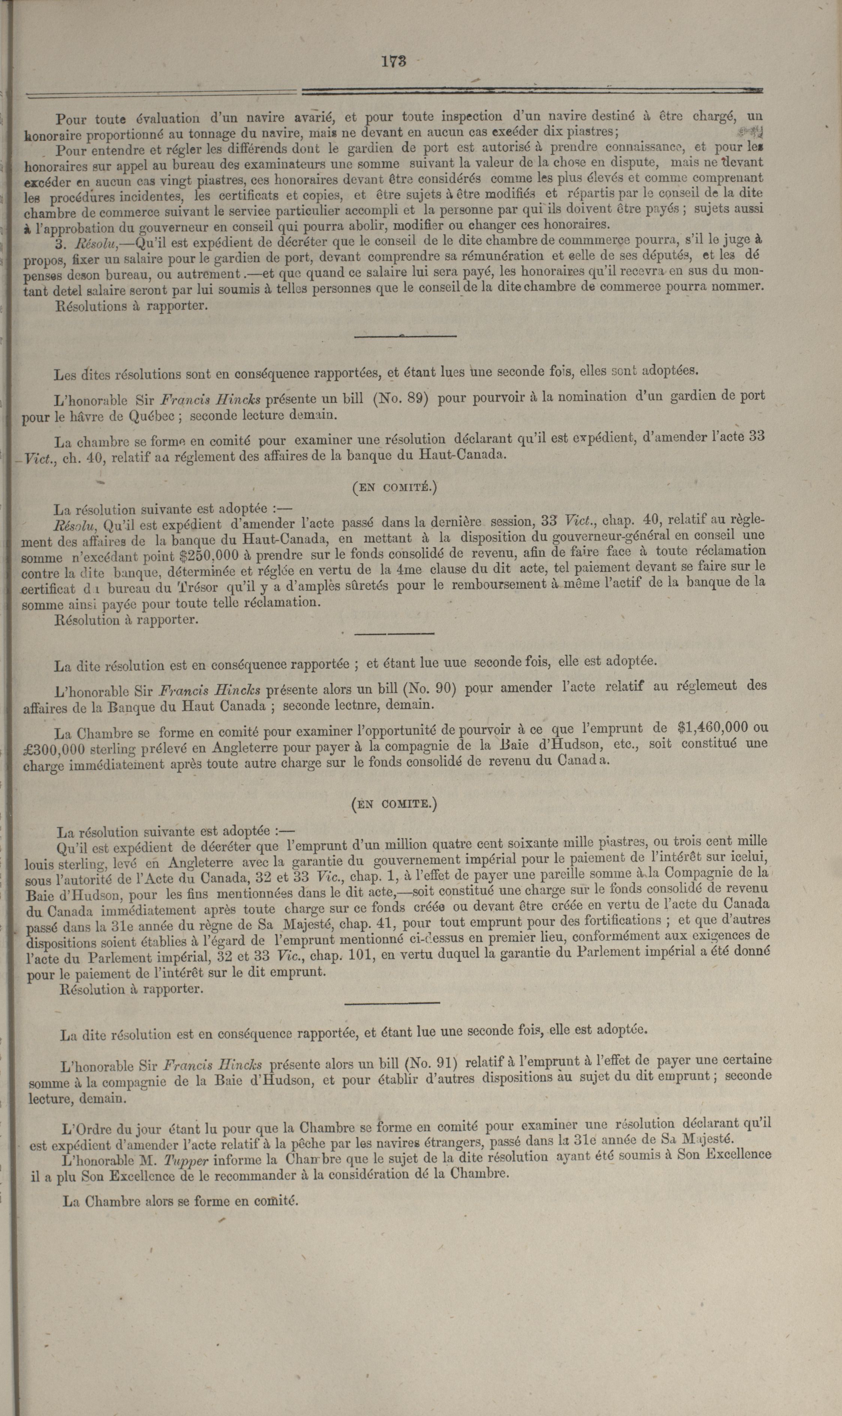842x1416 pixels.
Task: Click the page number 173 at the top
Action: click(394, 61)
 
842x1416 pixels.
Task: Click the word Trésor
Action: click(199, 586)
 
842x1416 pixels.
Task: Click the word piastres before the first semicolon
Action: click(592, 132)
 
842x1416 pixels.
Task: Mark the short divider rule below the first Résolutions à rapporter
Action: click(405, 336)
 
